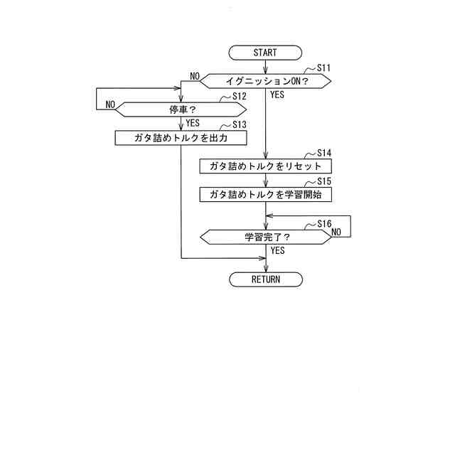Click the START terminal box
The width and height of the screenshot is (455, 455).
(265, 53)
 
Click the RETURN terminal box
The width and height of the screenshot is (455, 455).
(265, 279)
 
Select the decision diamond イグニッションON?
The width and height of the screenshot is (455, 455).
(265, 81)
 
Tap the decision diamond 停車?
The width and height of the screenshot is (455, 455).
(181, 109)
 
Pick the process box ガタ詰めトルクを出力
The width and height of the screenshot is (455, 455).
(181, 137)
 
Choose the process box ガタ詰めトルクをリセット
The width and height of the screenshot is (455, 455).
(265, 166)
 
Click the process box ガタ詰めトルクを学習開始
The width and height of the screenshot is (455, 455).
(265, 194)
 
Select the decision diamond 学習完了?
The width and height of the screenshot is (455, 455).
(265, 237)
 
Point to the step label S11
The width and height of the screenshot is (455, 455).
(324, 68)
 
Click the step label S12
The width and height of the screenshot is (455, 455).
(239, 96)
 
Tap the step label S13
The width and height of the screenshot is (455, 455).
(239, 124)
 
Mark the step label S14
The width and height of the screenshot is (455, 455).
(324, 153)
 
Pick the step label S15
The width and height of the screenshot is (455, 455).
(324, 181)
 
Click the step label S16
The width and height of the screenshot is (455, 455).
(324, 223)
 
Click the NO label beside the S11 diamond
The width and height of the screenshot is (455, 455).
(194, 76)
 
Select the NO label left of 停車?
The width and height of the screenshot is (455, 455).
(110, 105)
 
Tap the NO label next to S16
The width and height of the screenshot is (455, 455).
(336, 232)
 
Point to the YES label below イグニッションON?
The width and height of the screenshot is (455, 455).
(277, 94)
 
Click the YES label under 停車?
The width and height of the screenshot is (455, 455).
(193, 122)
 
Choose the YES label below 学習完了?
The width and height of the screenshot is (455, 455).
(277, 250)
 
